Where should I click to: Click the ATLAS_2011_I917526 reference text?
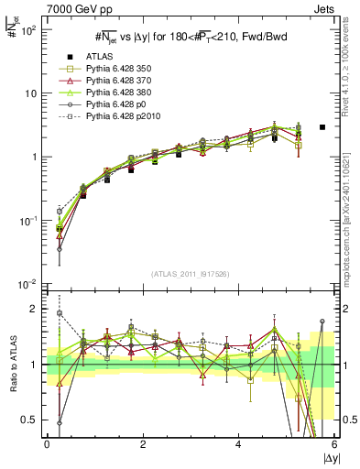point(191,274)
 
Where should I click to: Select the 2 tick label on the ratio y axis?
point(35,309)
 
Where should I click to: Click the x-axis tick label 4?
point(238,444)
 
